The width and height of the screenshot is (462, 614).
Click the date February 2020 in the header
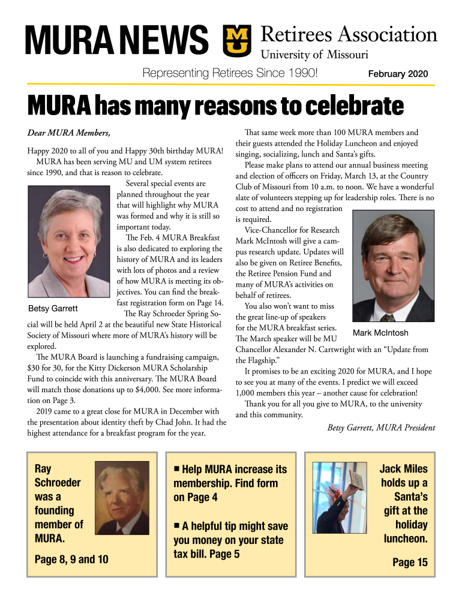[x=398, y=74]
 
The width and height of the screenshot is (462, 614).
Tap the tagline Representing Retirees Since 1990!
[x=229, y=74]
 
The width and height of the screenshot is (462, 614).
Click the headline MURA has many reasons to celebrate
[x=215, y=107]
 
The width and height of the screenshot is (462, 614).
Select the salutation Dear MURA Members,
[x=68, y=132]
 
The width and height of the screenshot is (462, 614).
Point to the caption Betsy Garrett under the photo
[x=53, y=309]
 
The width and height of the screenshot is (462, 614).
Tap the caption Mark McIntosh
[x=380, y=333]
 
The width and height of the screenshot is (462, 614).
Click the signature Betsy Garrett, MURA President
[x=381, y=428]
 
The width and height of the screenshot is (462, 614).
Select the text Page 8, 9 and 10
[x=71, y=559]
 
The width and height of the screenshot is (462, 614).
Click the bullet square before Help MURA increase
[x=177, y=468]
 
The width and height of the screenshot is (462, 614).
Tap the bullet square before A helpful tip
[x=177, y=525]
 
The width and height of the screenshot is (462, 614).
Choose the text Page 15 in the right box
[x=410, y=562]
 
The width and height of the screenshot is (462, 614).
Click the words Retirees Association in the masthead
[x=349, y=35]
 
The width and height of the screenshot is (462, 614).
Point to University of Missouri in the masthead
[x=314, y=55]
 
